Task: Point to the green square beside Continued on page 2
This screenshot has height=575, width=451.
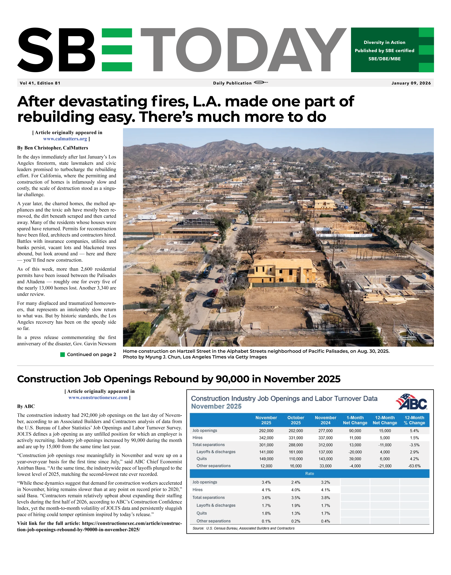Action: pyautogui.click(x=63, y=355)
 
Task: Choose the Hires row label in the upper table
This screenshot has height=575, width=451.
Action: pyautogui.click(x=198, y=438)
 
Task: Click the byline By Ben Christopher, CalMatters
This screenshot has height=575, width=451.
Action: pyautogui.click(x=53, y=148)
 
